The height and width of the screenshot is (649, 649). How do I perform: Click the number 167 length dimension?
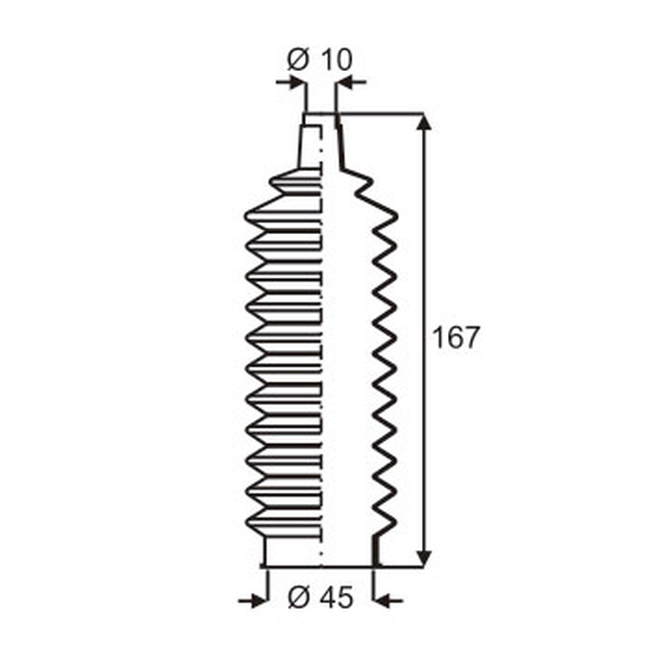click(x=455, y=338)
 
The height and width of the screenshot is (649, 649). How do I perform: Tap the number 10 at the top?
click(x=337, y=59)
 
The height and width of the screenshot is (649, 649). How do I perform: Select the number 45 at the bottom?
click(x=338, y=598)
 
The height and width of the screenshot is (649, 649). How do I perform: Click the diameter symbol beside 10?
click(x=298, y=59)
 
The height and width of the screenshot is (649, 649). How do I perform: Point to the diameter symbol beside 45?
click(x=299, y=598)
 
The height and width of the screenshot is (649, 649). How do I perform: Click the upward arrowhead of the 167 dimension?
click(x=423, y=122)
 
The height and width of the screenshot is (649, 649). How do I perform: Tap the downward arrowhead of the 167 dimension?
click(x=423, y=558)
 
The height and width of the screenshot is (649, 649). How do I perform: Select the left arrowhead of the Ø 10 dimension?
click(x=297, y=82)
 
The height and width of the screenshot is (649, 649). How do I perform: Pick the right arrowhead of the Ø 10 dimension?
click(x=346, y=82)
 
